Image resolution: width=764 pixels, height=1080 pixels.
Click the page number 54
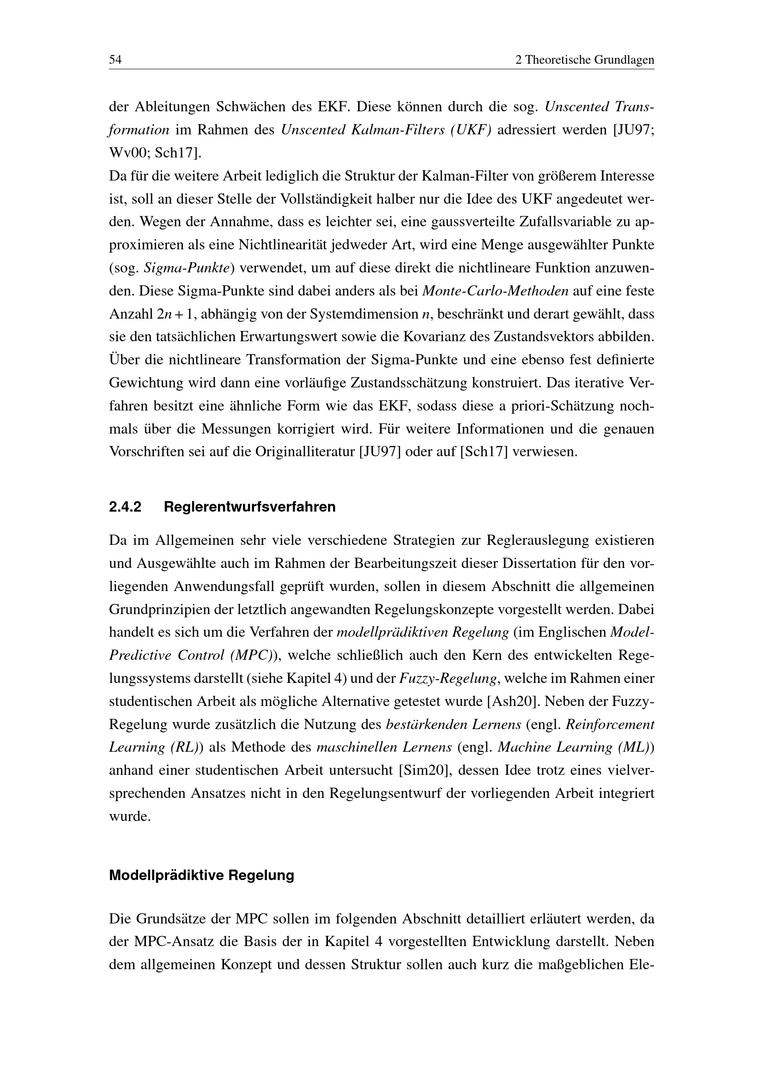(115, 60)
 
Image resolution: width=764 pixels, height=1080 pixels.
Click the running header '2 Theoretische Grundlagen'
(585, 60)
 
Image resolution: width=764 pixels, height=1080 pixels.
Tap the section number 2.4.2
(125, 507)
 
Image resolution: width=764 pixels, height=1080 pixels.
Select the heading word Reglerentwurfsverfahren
(250, 507)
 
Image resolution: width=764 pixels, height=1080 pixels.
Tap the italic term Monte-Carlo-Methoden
(495, 291)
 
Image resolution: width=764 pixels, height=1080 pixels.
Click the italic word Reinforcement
(610, 724)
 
